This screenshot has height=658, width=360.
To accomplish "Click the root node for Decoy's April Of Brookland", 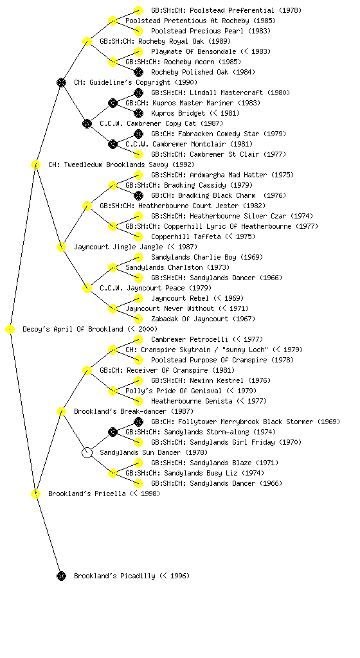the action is (x=10, y=330).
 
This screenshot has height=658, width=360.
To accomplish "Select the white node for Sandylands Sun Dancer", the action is (x=87, y=453).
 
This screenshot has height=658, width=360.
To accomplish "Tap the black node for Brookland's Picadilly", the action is (x=61, y=576).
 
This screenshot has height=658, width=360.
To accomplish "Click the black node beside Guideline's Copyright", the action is (x=61, y=82).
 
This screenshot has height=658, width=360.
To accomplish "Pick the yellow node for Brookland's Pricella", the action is (x=35, y=493).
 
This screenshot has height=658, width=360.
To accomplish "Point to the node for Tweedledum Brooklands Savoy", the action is (x=35, y=164).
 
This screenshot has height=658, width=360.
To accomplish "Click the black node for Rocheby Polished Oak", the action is (x=138, y=72).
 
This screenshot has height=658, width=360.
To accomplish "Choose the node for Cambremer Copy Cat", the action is (x=87, y=123).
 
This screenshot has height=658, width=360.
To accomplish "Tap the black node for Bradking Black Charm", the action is (x=138, y=195).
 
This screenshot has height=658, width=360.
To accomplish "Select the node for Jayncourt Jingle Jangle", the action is (x=61, y=247).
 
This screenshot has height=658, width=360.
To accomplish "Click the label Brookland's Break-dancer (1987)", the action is (x=134, y=411).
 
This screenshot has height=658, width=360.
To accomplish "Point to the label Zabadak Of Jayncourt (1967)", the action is (x=203, y=319).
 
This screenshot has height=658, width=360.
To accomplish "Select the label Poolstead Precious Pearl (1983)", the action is (x=211, y=31).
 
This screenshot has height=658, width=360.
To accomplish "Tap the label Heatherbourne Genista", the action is (x=192, y=401).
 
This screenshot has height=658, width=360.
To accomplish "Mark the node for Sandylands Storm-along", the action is (x=113, y=432).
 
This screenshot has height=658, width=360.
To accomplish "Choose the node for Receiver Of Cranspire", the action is (x=87, y=370).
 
